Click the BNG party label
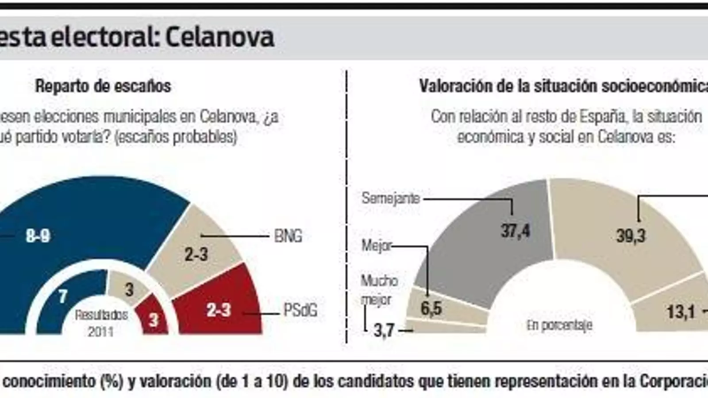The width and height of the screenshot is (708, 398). pos(288,236)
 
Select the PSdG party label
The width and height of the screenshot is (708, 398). pos(300,310)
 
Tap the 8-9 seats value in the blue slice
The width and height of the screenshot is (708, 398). pos(38,236)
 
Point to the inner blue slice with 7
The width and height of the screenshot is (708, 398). pos(63,296)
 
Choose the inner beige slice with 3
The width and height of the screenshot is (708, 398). pos(129,290)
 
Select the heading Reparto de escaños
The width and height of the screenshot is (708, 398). pos(103,86)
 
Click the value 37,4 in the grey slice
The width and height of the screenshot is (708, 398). pos(515,230)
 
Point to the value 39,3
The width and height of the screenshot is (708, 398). pos(631,236)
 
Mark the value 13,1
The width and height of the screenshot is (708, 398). pos(681,312)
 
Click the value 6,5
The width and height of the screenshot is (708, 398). pos(431,308)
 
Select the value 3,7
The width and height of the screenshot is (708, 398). pos(384,330)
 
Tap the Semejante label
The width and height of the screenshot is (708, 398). pos(390,198)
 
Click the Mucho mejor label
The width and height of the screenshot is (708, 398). pos(379,290)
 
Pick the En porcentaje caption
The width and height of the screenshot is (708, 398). pos(559,325)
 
